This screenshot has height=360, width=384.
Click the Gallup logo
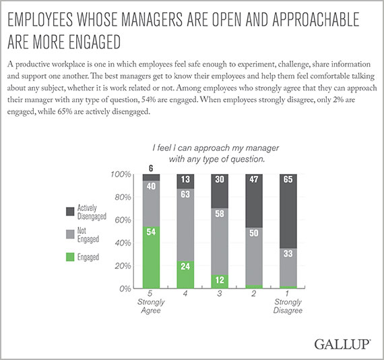(x=342, y=344)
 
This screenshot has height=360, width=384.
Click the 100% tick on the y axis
(x=121, y=175)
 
